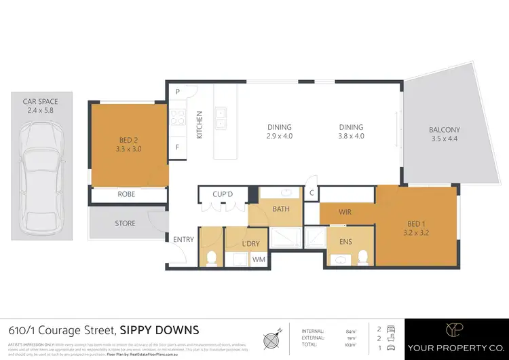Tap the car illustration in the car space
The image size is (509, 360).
click(x=41, y=178)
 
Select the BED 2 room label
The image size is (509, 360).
click(x=129, y=143)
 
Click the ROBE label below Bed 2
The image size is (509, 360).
click(x=127, y=194)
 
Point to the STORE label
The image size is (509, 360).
click(x=125, y=223)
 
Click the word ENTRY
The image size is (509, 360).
click(x=183, y=239)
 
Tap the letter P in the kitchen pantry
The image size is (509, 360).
click(x=178, y=92)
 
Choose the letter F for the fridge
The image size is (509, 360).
click(x=178, y=147)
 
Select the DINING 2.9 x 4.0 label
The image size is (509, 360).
click(x=279, y=132)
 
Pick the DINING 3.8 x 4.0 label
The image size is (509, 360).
click(x=352, y=132)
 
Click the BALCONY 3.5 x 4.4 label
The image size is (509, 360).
click(x=444, y=134)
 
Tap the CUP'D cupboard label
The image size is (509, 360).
click(x=223, y=194)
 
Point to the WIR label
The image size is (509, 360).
click(x=345, y=212)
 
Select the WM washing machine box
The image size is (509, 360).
click(x=259, y=259)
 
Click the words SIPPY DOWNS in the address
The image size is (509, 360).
click(x=159, y=331)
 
